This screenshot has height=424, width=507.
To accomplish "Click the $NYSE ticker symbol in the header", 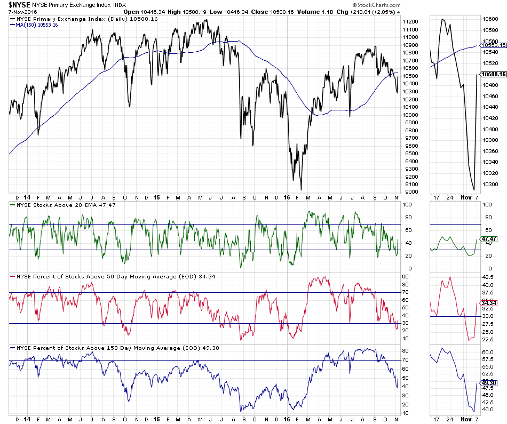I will pos(18,5).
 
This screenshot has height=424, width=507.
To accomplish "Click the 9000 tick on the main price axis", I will pos(410,192).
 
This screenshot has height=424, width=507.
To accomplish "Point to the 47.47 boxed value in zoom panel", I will pos(494,239).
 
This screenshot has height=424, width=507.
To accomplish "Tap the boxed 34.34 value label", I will pos(494,302).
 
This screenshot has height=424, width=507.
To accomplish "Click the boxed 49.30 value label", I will pos(494,382).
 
